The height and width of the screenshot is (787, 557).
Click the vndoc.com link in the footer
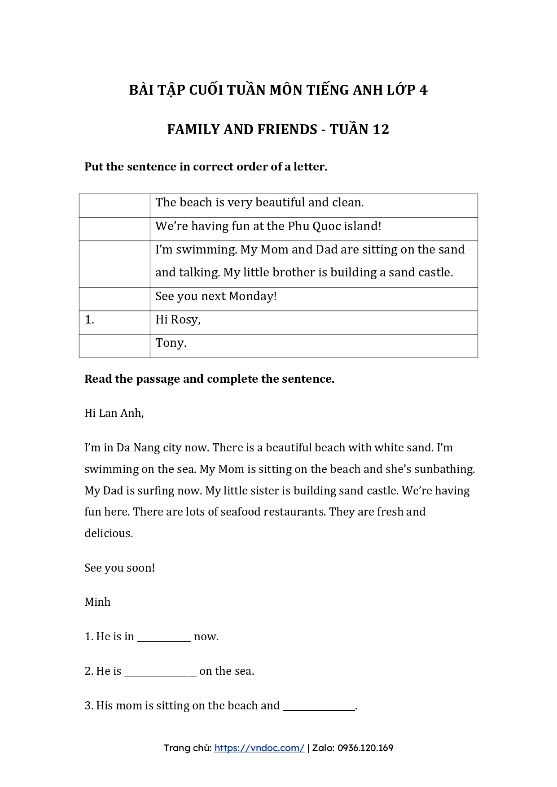pos(259,748)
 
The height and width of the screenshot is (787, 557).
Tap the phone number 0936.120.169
pos(365,748)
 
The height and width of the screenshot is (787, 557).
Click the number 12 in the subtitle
pos(380,130)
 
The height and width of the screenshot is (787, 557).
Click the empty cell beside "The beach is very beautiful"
pos(114,205)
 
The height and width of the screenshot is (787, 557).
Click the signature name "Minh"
pos(97,602)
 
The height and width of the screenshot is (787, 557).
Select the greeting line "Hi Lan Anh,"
pos(114,413)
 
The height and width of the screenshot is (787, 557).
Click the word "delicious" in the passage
pos(108,533)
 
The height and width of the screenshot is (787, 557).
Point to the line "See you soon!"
pos(119,568)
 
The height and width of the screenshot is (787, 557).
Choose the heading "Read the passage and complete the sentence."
pos(209,379)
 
